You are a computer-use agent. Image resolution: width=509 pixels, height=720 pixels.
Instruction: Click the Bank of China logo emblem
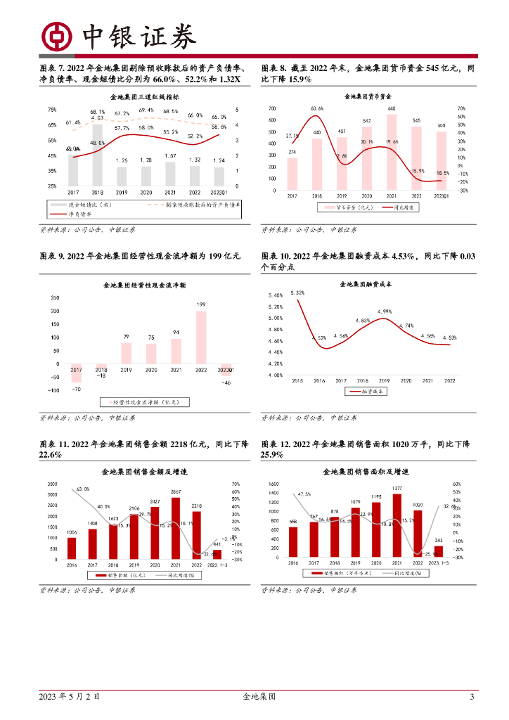point(55,36)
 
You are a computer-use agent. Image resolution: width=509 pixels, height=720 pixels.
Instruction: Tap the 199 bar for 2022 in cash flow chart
point(201,336)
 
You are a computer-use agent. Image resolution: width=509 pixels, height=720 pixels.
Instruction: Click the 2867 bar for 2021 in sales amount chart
point(176,528)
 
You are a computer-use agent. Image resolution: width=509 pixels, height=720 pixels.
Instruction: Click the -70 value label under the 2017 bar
point(76,389)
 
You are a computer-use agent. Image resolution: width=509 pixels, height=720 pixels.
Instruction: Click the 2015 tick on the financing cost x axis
point(296,380)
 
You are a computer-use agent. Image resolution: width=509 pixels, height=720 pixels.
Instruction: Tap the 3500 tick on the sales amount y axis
point(53,484)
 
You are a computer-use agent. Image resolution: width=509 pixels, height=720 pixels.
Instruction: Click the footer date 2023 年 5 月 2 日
point(69,697)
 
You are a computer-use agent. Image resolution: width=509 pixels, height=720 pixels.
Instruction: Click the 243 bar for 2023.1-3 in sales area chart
point(438,552)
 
